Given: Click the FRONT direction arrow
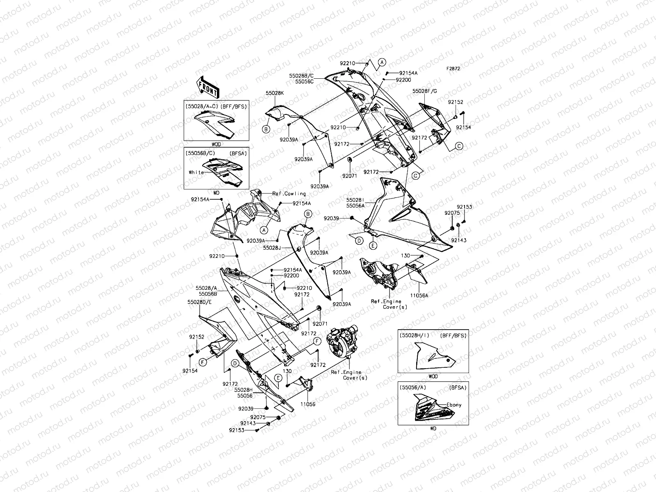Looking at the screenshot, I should (208, 87).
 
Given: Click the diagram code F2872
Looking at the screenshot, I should (453, 69).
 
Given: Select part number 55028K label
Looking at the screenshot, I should (275, 93).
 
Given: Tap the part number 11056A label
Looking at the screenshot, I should (419, 295).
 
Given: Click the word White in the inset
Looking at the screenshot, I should (196, 172).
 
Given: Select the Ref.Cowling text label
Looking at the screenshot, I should (289, 193).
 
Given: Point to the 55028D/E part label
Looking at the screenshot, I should (200, 302).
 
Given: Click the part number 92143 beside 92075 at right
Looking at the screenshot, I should (459, 240).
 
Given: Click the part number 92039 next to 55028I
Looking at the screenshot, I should (331, 219).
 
